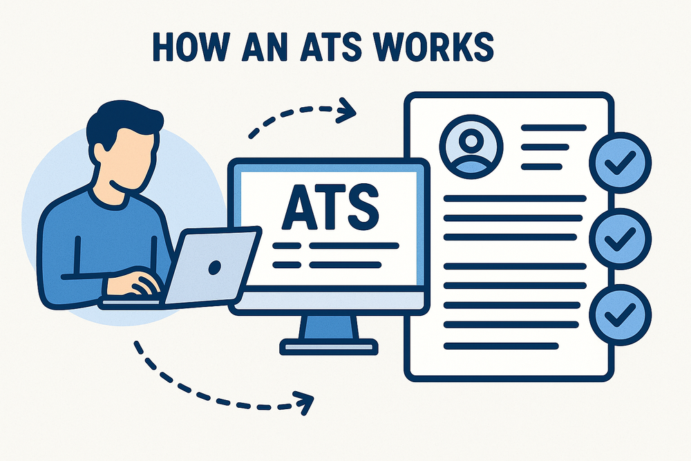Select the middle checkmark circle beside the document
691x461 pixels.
click(x=618, y=238)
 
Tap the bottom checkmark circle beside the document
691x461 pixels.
click(x=618, y=314)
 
